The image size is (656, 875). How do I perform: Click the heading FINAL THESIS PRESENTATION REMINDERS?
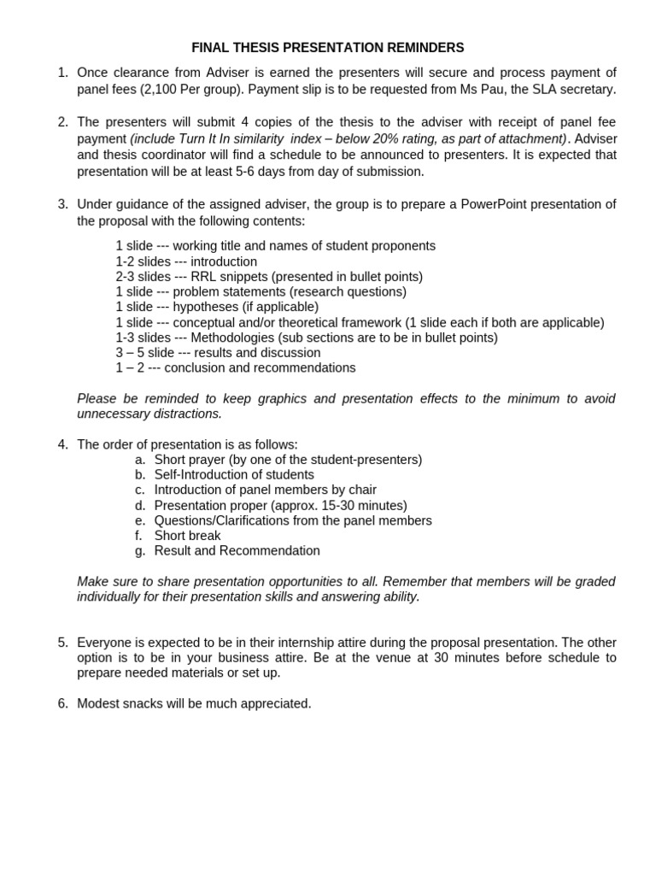328,47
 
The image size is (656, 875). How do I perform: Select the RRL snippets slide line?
269,276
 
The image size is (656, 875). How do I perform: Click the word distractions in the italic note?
186,414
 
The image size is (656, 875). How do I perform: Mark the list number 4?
62,444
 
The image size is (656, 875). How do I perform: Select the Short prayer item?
189,460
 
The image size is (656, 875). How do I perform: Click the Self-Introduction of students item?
234,475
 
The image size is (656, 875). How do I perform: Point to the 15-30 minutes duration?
360,506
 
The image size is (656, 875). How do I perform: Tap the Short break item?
187,536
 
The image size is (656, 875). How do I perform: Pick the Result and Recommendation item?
237,551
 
